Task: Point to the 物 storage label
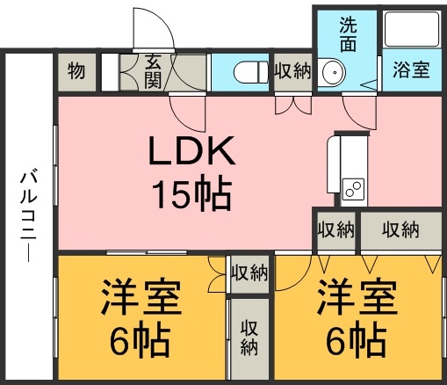click(76, 71)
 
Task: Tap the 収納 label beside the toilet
click(292, 71)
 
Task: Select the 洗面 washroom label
click(348, 33)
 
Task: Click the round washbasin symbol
click(331, 71)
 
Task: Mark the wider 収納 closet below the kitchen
click(400, 230)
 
